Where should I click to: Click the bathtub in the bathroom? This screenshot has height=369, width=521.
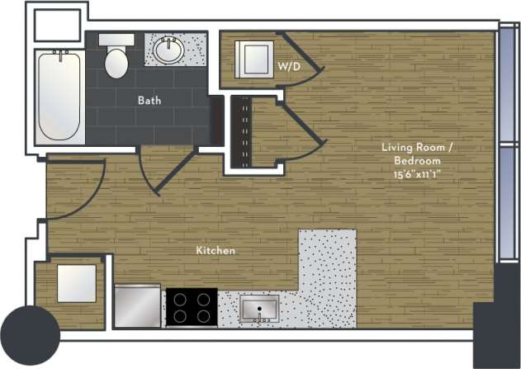coord(59,97)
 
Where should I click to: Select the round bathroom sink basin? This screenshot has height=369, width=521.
coord(171,50)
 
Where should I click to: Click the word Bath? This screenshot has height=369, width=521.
coord(149,101)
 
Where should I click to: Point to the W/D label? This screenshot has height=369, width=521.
coord(288,65)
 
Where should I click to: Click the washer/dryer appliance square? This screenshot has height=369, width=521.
coord(252,58)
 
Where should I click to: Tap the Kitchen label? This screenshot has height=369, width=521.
coord(216,249)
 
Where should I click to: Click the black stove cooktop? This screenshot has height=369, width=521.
coord(192,307)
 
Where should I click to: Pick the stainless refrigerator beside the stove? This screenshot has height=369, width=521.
coord(138,306)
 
